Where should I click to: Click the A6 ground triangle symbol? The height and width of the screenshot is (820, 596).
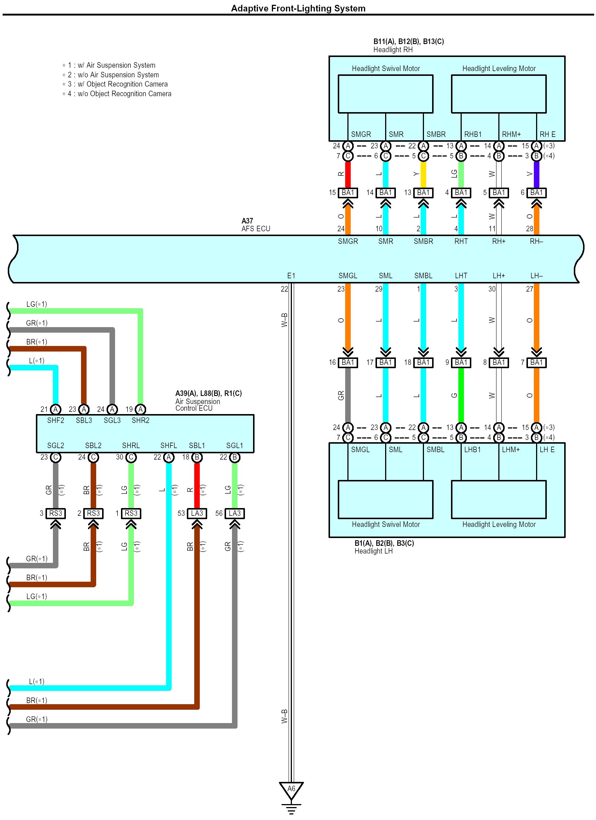(291, 789)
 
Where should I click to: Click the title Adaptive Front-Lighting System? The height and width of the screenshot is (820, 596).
(298, 8)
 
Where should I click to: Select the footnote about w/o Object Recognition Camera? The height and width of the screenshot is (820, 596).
(117, 94)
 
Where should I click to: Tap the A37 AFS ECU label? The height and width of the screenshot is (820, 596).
(256, 225)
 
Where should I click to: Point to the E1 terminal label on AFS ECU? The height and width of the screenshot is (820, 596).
(291, 276)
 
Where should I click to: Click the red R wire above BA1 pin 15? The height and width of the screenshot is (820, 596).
(348, 174)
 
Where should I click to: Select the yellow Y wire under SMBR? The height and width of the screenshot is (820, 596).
(423, 174)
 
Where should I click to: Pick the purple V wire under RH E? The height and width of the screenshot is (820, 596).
(536, 174)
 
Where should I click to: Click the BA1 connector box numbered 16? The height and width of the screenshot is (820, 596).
(348, 363)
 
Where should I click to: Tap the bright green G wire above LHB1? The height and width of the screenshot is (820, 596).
(461, 395)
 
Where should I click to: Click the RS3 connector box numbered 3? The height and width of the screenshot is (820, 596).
(55, 513)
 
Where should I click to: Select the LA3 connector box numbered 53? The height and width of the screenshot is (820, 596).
(197, 513)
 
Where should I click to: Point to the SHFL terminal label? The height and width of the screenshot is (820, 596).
(168, 446)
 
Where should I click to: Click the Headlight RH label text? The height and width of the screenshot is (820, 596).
(393, 50)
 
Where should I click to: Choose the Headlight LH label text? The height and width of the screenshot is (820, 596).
(373, 551)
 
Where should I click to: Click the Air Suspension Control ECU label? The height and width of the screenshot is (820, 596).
(198, 405)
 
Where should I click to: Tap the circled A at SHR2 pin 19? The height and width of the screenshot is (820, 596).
(140, 409)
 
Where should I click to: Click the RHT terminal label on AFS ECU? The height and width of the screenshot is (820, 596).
(461, 241)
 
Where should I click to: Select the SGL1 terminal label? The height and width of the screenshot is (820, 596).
(235, 446)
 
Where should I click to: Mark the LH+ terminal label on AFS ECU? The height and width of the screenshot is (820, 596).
(499, 276)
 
